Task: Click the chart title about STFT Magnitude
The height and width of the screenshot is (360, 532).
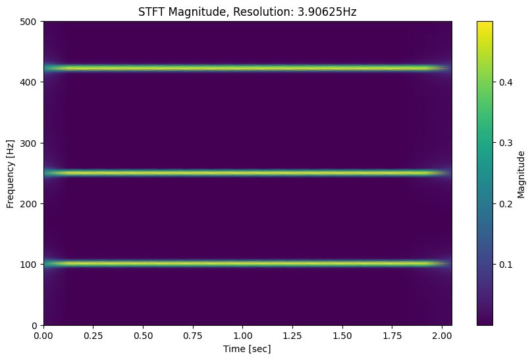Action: (248, 11)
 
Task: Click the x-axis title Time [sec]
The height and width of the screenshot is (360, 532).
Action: (248, 348)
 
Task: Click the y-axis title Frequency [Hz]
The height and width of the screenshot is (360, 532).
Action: (10, 173)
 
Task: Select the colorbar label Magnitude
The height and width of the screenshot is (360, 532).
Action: (521, 174)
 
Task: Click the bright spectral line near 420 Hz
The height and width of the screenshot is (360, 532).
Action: (248, 68)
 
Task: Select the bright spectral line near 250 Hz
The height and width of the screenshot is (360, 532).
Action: (248, 173)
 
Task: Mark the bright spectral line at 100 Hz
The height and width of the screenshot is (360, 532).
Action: (248, 264)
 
